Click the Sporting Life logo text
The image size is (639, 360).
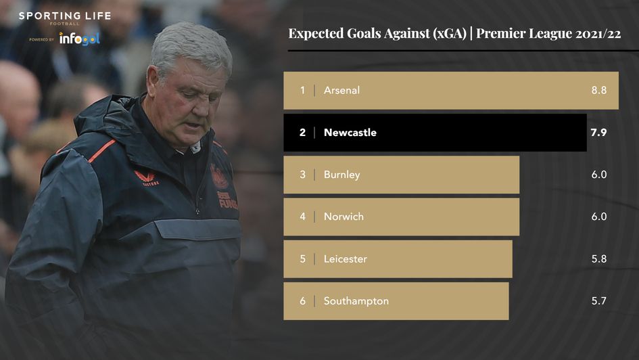[x=65, y=16]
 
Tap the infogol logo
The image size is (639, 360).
[x=79, y=39]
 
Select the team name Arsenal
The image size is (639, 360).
[x=341, y=90]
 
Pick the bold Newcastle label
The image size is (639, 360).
[x=350, y=133]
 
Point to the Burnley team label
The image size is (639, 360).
[x=341, y=175]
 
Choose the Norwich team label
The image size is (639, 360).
[x=344, y=217]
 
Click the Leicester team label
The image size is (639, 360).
[x=345, y=258]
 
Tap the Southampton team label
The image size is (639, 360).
[x=356, y=301]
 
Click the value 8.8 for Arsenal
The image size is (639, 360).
[x=598, y=90]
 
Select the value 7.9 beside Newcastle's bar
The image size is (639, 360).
[x=598, y=133]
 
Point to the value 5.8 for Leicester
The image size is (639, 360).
[x=598, y=258]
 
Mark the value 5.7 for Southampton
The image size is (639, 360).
[x=598, y=301]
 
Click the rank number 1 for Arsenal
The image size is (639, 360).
[x=303, y=90]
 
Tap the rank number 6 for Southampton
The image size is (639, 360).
[x=303, y=301]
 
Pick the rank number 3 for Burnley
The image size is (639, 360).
[x=303, y=175]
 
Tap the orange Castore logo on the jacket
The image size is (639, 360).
[x=145, y=177]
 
